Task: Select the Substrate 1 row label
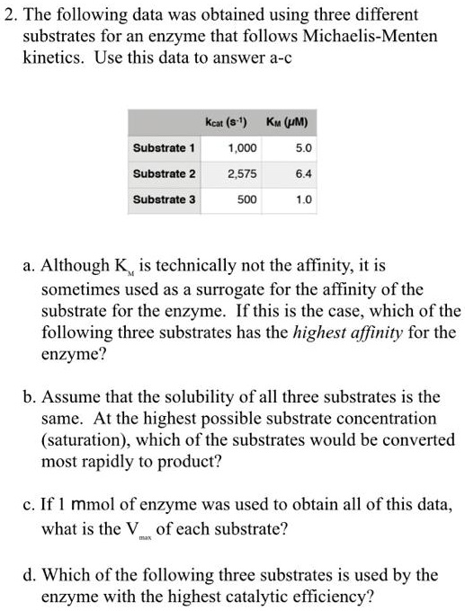click(x=164, y=146)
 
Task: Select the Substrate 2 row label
click(x=164, y=173)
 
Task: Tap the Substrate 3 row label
click(x=164, y=199)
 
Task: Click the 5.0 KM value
click(x=304, y=146)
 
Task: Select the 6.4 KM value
click(x=304, y=173)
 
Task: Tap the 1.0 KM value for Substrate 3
click(x=304, y=199)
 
